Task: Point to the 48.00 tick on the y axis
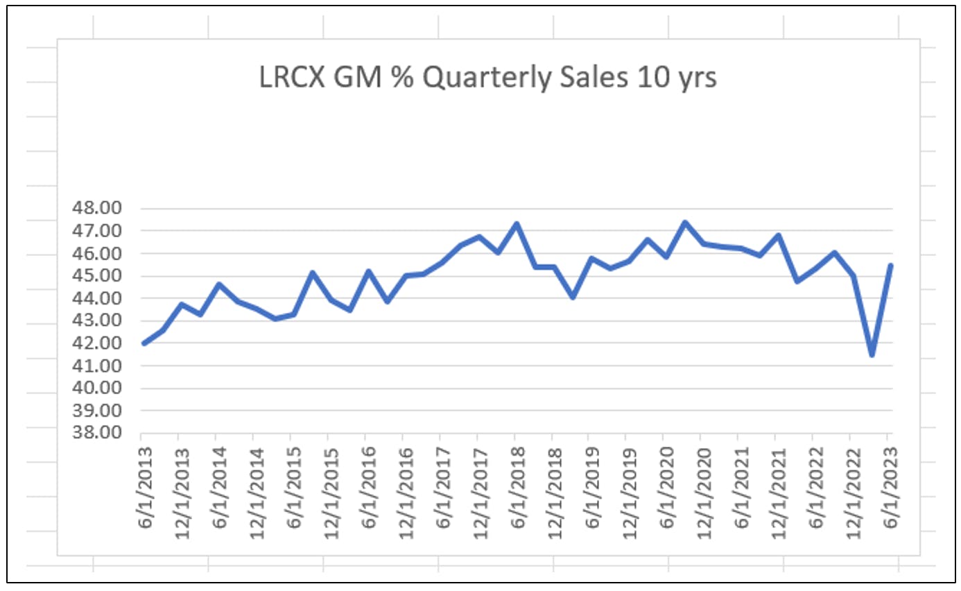tap(97, 208)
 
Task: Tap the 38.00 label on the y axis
tap(97, 433)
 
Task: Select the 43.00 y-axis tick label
tap(97, 320)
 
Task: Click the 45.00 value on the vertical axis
tap(97, 275)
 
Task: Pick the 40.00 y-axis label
tap(97, 388)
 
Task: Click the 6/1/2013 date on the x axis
tap(145, 488)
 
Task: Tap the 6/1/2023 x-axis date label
tap(891, 488)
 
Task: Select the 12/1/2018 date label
tap(555, 494)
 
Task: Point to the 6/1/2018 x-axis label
tap(518, 488)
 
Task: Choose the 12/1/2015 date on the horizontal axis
tap(331, 494)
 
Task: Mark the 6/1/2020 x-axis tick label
tap(667, 488)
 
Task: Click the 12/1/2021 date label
tap(779, 494)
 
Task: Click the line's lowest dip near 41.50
tap(872, 354)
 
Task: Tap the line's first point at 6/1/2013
tap(144, 343)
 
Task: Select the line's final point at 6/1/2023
tap(891, 265)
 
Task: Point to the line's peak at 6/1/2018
tap(517, 223)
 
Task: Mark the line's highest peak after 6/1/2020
tap(685, 223)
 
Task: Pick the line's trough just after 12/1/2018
tap(573, 297)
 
